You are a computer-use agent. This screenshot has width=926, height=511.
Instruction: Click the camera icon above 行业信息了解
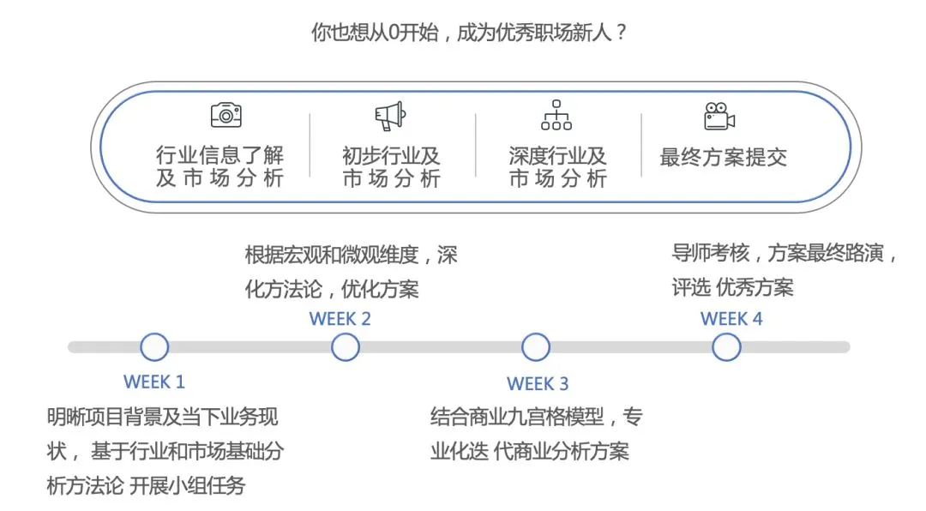coord(226,115)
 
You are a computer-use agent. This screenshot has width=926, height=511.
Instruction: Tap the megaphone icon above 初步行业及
coord(389,116)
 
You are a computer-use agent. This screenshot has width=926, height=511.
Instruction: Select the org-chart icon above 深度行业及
coord(556,115)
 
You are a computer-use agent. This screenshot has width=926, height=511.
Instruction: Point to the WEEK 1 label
coord(154,382)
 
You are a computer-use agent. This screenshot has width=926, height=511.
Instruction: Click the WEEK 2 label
coord(340,319)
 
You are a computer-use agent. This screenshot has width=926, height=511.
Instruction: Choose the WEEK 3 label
coord(538,383)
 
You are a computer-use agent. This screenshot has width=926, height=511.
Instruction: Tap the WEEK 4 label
coord(731,319)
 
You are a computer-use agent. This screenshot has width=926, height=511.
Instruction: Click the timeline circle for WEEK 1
coord(154,347)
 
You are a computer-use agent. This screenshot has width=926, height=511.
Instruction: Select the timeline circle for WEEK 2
coord(345,347)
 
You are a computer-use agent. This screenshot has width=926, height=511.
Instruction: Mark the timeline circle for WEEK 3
coord(536,347)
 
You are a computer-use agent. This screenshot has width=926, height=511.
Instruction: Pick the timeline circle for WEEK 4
coord(726,347)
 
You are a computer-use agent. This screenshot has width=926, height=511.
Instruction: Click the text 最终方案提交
coord(723,158)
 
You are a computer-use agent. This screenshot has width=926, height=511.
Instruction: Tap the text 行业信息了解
coord(219,156)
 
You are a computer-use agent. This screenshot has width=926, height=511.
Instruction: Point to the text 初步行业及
coord(391,156)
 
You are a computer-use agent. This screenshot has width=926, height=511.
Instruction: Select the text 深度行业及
coord(557,156)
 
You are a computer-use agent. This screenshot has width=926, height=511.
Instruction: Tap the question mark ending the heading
coord(622,34)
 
